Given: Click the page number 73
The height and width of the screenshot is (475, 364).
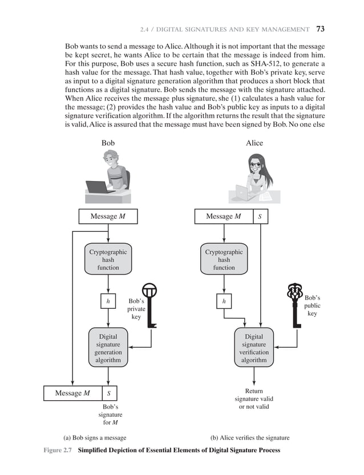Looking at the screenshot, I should pos(320,29).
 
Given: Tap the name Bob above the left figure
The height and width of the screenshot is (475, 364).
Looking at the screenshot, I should pos(108,143).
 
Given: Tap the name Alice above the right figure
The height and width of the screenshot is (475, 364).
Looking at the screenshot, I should pos(254,143).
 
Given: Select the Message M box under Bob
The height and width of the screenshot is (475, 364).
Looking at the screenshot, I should pos(108,217).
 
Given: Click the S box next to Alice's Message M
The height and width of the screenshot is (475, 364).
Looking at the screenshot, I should pos(260,217).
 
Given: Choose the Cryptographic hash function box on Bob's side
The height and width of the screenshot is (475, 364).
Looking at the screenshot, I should pos(108,260).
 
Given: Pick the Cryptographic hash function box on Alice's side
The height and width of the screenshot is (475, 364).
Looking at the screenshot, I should pos(224,260).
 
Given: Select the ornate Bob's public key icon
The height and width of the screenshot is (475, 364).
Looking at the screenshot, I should pos(295,303).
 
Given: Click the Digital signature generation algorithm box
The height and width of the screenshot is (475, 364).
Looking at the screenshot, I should pos(108,348).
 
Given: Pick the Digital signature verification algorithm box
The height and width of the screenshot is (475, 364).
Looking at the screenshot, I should pos(254,348).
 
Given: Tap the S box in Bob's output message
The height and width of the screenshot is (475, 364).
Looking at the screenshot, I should pos(108,393).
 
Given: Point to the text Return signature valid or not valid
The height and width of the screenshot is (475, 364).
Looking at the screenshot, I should pos(254,398).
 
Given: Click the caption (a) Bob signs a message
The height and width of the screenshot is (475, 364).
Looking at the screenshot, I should pos(95,438).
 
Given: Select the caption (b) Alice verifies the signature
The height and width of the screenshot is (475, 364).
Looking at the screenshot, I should pos(250,438).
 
